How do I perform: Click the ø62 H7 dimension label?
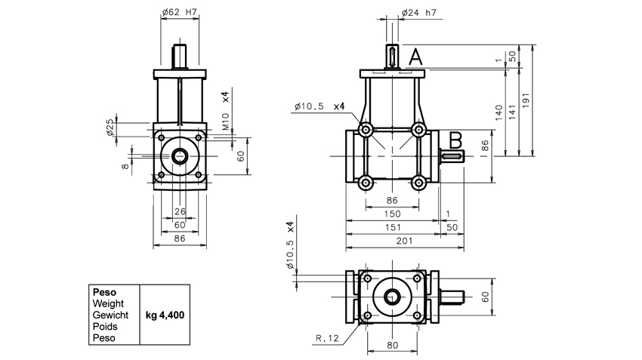point(180,12)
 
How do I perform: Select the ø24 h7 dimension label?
point(419,13)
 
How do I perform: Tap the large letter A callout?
point(415,57)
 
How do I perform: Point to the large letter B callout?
point(455,140)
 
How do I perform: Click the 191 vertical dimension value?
point(526,100)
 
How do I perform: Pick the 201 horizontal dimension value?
point(405,241)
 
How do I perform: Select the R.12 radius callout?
point(328,338)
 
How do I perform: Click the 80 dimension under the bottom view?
point(392,345)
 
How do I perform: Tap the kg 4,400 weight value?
point(165,315)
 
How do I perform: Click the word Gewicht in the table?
point(110,315)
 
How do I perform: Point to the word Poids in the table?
point(105,327)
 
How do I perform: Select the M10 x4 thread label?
point(226,111)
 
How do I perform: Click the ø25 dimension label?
point(110,128)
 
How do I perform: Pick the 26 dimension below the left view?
point(181,211)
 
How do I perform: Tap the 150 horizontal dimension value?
point(392,214)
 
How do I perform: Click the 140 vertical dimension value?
point(498,113)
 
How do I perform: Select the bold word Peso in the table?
point(104,292)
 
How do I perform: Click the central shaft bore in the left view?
point(180,156)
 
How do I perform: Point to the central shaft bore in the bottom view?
point(392,297)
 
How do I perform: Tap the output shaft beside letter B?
point(452,156)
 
